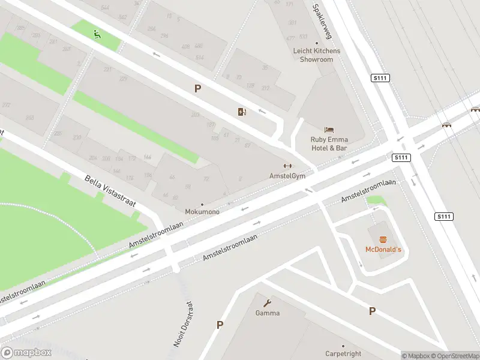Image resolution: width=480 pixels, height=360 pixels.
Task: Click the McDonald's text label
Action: coord(383,249)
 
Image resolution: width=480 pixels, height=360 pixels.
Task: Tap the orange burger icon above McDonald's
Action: coord(383,239)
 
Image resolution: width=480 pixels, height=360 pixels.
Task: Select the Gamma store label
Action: coord(268,313)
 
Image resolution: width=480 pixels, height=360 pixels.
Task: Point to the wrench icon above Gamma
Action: coord(268,303)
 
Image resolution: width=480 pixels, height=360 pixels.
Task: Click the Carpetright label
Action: coord(344,354)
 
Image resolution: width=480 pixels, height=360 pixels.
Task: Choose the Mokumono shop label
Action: coord(202,212)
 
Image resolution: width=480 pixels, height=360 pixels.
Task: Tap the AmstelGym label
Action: coord(287,176)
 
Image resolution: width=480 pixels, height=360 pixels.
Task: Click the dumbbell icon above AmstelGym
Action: coord(287,166)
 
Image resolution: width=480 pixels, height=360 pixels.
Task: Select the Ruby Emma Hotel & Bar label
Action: coord(329,144)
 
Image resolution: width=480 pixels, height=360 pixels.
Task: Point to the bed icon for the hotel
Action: coord(328,130)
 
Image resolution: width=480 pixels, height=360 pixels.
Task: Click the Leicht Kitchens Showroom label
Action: coord(316,55)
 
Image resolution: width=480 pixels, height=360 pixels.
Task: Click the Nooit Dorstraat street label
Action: coord(182,325)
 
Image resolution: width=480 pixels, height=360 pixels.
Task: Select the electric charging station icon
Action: coord(242,112)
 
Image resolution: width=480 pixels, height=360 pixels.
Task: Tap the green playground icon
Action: coord(97,34)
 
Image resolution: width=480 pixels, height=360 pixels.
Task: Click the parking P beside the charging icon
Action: coord(197,89)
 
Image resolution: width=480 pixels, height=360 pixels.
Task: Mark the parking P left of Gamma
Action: coord(220,325)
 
